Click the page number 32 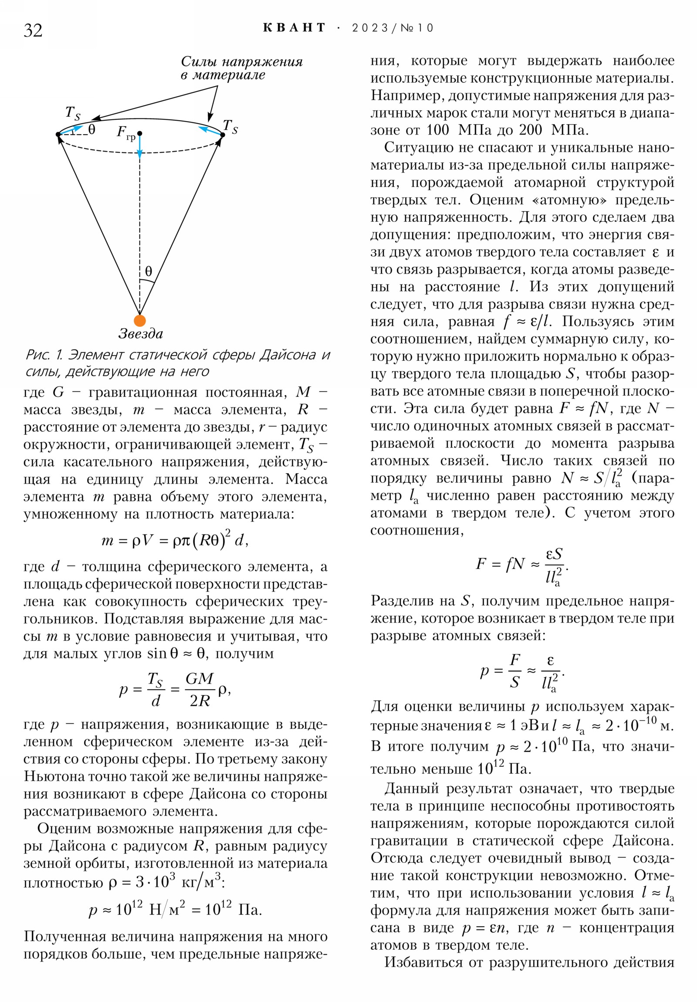pyautogui.click(x=33, y=30)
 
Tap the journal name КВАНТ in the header pyautogui.click(x=294, y=28)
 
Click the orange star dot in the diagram pyautogui.click(x=140, y=320)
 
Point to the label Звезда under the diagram pyautogui.click(x=141, y=334)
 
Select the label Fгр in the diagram pyautogui.click(x=126, y=133)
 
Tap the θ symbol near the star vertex pyautogui.click(x=149, y=271)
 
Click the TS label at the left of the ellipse pyautogui.click(x=73, y=113)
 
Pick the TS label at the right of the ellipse pyautogui.click(x=230, y=127)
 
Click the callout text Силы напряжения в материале pyautogui.click(x=241, y=68)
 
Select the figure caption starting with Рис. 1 pyautogui.click(x=178, y=362)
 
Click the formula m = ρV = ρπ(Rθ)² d pyautogui.click(x=175, y=541)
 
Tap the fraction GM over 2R pyautogui.click(x=200, y=690)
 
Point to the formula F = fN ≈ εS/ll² pyautogui.click(x=522, y=565)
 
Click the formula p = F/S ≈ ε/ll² pyautogui.click(x=522, y=672)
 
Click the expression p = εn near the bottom pyautogui.click(x=484, y=928)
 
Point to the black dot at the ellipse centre pyautogui.click(x=139, y=133)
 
